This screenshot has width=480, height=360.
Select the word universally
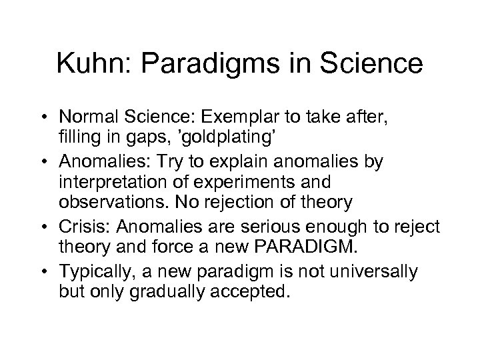point(379,271)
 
